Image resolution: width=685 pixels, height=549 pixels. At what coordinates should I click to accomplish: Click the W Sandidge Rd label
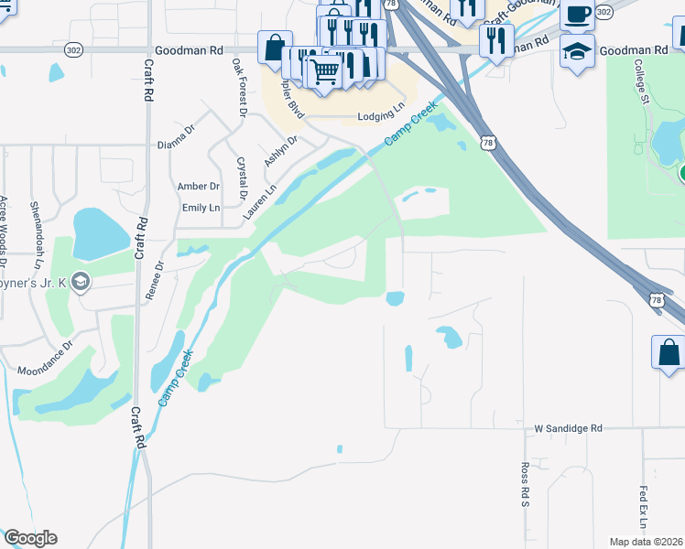pyautogui.click(x=569, y=428)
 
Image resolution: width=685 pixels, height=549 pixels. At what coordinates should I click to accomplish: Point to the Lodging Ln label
pyautogui.click(x=380, y=116)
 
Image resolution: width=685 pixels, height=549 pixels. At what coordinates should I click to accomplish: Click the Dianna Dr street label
pyautogui.click(x=177, y=136)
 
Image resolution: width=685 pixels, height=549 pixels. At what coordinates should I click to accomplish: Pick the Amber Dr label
pyautogui.click(x=200, y=186)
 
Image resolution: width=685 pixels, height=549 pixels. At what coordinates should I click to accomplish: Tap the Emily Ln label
pyautogui.click(x=201, y=208)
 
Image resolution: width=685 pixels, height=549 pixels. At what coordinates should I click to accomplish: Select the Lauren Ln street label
pyautogui.click(x=259, y=204)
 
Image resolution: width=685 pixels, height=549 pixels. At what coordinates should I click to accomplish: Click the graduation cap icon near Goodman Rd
pyautogui.click(x=577, y=49)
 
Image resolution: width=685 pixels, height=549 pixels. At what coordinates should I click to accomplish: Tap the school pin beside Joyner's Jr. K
pyautogui.click(x=81, y=282)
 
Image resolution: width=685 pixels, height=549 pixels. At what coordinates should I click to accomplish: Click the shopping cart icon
pyautogui.click(x=325, y=71)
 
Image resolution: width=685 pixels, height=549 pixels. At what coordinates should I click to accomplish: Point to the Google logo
pyautogui.click(x=30, y=538)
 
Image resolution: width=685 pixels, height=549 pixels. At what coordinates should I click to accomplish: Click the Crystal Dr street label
pyautogui.click(x=243, y=178)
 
